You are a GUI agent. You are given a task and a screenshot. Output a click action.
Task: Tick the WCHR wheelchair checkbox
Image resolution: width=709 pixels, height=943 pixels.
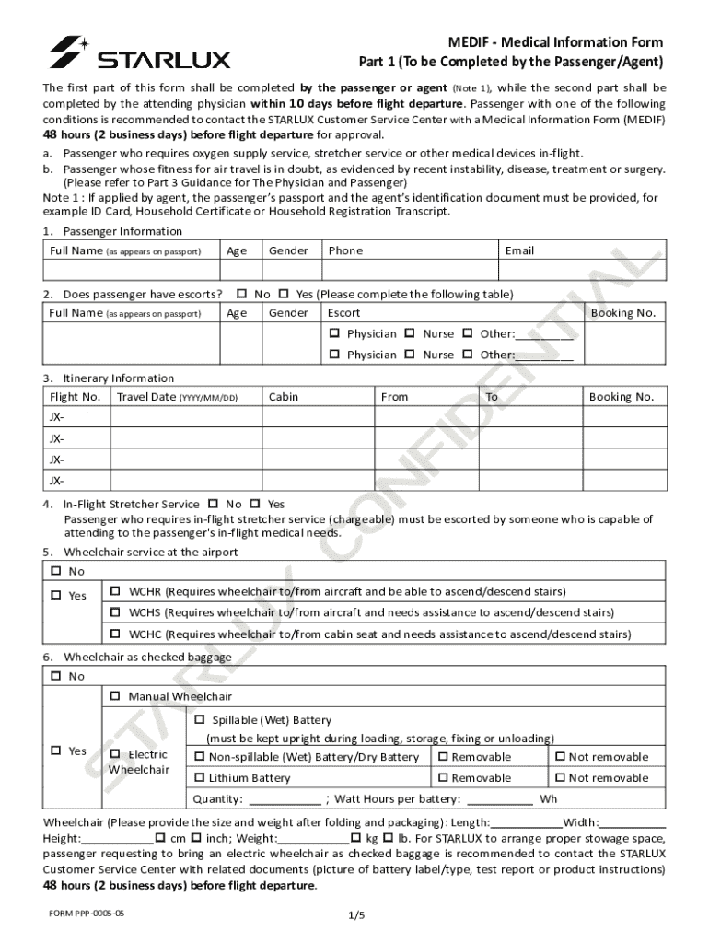tap(116, 591)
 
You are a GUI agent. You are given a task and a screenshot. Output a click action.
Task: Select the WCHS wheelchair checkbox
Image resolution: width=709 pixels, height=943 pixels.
tap(116, 612)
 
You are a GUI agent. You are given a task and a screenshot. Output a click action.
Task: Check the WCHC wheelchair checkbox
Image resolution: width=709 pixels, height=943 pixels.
tap(116, 634)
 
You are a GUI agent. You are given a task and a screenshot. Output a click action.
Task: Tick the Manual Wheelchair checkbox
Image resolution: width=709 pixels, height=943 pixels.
tap(116, 696)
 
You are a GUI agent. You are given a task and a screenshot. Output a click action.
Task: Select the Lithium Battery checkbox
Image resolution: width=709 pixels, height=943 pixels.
tap(200, 778)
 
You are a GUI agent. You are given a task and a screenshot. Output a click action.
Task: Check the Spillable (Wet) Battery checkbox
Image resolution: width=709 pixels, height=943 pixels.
tap(200, 720)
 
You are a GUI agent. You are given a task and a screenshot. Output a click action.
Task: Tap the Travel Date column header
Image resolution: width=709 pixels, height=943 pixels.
tap(175, 397)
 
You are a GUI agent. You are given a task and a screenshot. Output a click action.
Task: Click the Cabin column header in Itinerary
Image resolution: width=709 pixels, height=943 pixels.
tap(283, 397)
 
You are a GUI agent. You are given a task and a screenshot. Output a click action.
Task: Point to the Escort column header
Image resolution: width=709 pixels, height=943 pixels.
tap(344, 313)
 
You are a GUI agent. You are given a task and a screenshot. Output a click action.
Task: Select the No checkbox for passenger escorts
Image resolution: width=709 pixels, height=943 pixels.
tap(241, 294)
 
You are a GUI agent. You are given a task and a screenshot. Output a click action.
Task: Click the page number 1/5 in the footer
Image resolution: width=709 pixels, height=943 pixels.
tap(357, 914)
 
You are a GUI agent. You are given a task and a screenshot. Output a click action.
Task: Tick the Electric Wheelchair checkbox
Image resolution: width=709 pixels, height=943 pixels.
tap(116, 754)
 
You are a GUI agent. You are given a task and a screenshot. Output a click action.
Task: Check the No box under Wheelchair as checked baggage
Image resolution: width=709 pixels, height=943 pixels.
tap(55, 676)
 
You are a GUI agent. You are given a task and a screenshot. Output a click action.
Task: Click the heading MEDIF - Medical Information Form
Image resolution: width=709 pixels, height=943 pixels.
tap(555, 43)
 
